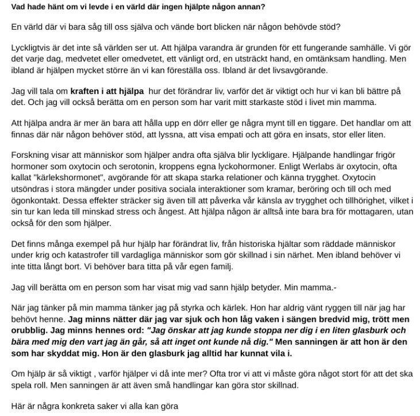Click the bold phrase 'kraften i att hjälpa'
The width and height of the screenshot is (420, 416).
tap(107, 91)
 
